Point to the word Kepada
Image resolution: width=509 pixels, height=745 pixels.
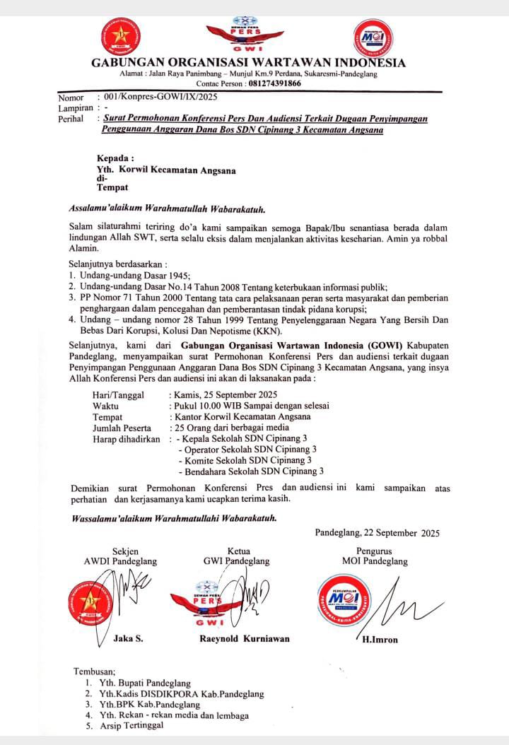115,160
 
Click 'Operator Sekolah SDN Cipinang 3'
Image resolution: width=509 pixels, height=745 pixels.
250,449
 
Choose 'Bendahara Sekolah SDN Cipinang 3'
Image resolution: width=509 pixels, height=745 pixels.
253,471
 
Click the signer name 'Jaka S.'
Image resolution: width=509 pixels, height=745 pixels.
129,638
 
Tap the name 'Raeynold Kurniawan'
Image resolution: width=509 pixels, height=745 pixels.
245,638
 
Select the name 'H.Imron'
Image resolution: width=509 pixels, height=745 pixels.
380,640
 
